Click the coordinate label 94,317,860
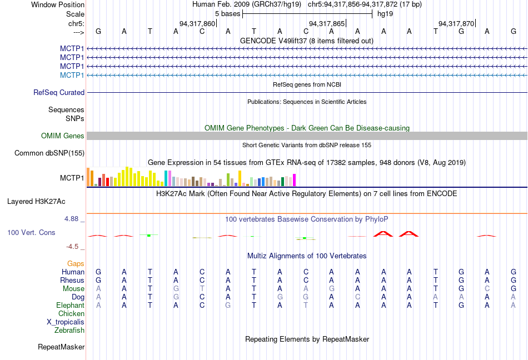(x=197, y=23)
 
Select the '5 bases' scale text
(x=227, y=13)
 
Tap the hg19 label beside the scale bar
(x=385, y=13)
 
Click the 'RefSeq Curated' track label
(x=59, y=92)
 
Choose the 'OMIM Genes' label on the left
(x=63, y=136)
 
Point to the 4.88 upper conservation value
(x=74, y=219)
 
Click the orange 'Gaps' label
(x=76, y=263)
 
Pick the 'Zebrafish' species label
(x=69, y=330)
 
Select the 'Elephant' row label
(x=70, y=305)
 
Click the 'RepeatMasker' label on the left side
(x=61, y=347)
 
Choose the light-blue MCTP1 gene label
(x=72, y=75)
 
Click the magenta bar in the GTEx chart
(x=295, y=180)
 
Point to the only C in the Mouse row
(x=487, y=288)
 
